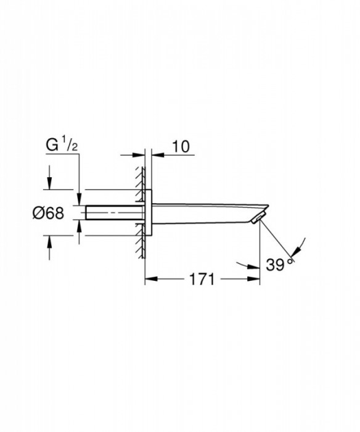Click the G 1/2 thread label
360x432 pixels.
pos(62,146)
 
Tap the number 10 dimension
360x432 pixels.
pos(181,146)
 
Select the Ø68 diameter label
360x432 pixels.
pos(48,213)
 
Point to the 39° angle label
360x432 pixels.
pos(279,265)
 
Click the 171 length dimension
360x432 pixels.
pos(202,280)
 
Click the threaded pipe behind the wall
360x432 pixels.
pos(113,213)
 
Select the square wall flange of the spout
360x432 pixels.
pos(148,213)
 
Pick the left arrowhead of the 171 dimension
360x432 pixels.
pos(151,279)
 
